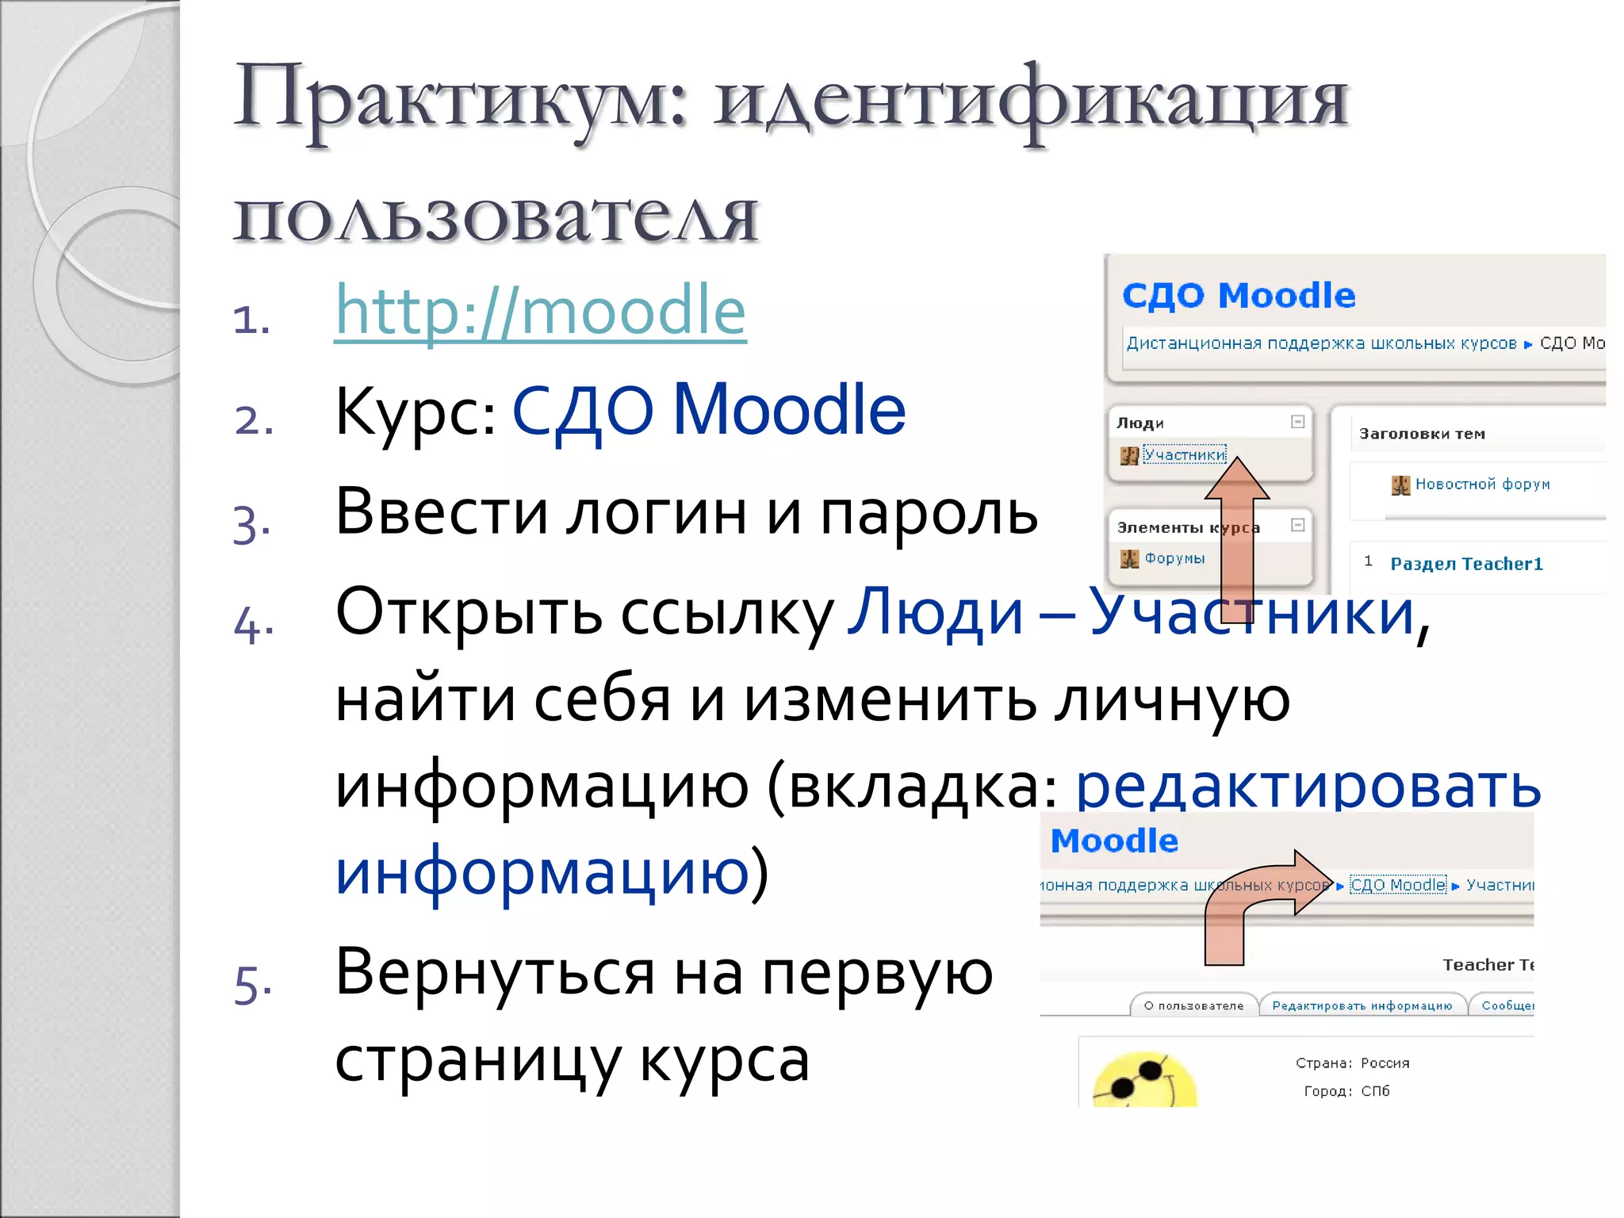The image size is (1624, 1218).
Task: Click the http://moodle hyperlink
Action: point(540,311)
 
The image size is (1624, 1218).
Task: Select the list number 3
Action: point(251,524)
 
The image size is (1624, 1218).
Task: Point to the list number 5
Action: point(253,985)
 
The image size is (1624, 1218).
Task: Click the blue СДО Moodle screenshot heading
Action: point(1239,295)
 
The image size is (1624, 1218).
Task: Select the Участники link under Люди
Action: point(1185,454)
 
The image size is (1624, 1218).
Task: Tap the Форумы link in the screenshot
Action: point(1174,558)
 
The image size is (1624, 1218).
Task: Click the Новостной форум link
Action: point(1482,484)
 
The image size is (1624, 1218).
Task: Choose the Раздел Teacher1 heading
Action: point(1466,564)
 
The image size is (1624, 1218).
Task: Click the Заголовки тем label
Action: point(1422,434)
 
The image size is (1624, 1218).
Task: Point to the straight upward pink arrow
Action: point(1237,539)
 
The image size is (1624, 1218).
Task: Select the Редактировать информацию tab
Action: point(1362,1005)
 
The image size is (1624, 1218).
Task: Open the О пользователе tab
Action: point(1193,1005)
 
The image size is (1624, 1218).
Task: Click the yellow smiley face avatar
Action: point(1144,1082)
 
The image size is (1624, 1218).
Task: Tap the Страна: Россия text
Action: point(1352,1063)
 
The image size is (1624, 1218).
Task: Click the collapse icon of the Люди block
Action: point(1297,422)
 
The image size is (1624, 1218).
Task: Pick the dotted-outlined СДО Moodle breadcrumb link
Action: point(1398,885)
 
